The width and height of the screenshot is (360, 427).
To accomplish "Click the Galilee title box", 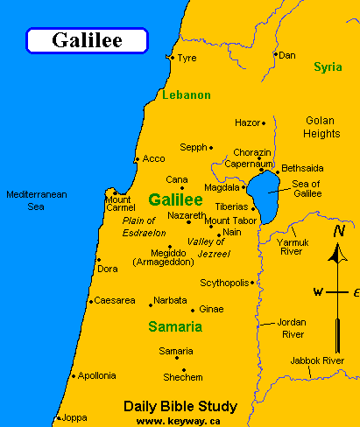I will [86, 39].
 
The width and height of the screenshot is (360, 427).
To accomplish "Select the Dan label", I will [287, 55].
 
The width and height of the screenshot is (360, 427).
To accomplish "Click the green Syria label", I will [328, 66].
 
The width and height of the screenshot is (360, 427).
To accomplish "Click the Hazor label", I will [248, 123].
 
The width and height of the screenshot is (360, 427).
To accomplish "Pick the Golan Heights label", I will [321, 127].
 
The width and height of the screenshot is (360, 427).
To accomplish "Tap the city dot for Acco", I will [137, 159].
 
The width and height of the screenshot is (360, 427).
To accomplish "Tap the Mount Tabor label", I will [229, 220].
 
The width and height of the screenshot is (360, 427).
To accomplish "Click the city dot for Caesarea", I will [90, 301].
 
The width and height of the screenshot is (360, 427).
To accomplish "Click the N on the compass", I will [338, 232].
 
